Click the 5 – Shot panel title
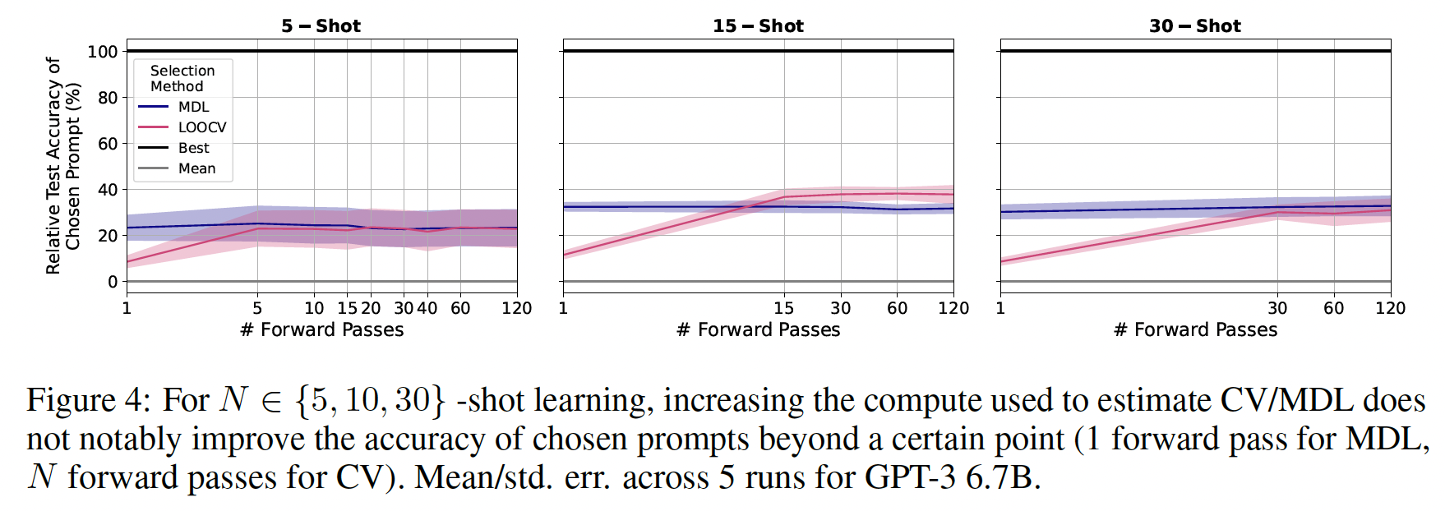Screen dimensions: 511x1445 click(321, 25)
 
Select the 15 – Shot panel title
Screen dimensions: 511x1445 click(758, 25)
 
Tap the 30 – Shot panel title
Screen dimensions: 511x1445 click(1194, 25)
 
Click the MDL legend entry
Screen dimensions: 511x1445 click(193, 107)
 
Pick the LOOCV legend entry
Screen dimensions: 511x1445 click(202, 127)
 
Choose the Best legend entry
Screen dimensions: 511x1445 click(194, 148)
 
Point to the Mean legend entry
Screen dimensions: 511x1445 click(197, 168)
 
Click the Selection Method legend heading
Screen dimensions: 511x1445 click(182, 78)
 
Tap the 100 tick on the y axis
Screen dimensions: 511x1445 click(103, 51)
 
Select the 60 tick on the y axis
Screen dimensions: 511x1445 click(108, 144)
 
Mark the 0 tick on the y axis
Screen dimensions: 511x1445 click(113, 282)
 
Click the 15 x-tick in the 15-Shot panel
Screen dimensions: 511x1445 click(783, 308)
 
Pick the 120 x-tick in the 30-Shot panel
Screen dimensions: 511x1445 click(1390, 308)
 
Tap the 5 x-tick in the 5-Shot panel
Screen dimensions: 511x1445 click(257, 308)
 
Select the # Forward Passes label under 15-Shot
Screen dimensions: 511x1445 click(758, 330)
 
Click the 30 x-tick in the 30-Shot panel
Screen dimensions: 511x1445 click(1276, 308)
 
